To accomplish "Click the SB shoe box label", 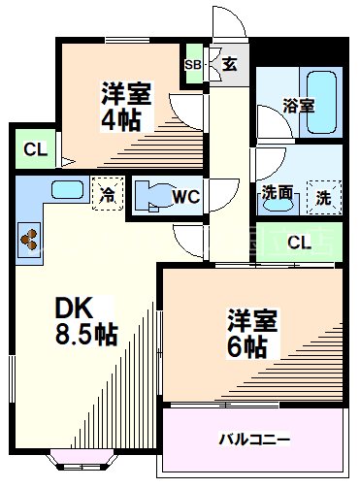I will point(193,64).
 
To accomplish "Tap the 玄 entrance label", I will point(229,65).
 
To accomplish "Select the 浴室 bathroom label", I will point(298,105).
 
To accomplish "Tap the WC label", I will point(185,196).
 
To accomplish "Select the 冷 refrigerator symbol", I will point(106,192).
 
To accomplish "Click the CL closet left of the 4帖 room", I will point(35,149).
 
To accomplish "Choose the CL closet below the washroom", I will point(301,242).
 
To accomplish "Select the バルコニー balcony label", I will point(254,439).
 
